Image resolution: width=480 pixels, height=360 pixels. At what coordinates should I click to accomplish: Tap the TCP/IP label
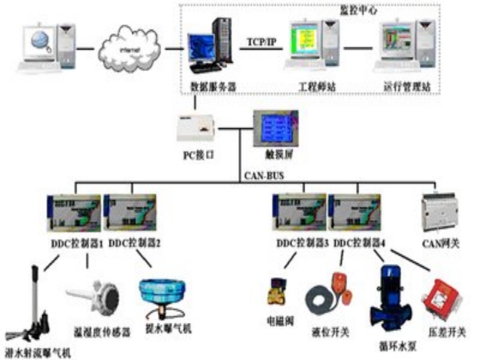click(x=262, y=42)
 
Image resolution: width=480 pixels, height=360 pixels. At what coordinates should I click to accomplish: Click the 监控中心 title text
click(x=353, y=10)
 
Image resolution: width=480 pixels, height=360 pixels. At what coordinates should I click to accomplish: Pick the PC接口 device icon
click(x=197, y=127)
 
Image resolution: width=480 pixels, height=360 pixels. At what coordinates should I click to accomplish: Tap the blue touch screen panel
click(x=275, y=128)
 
